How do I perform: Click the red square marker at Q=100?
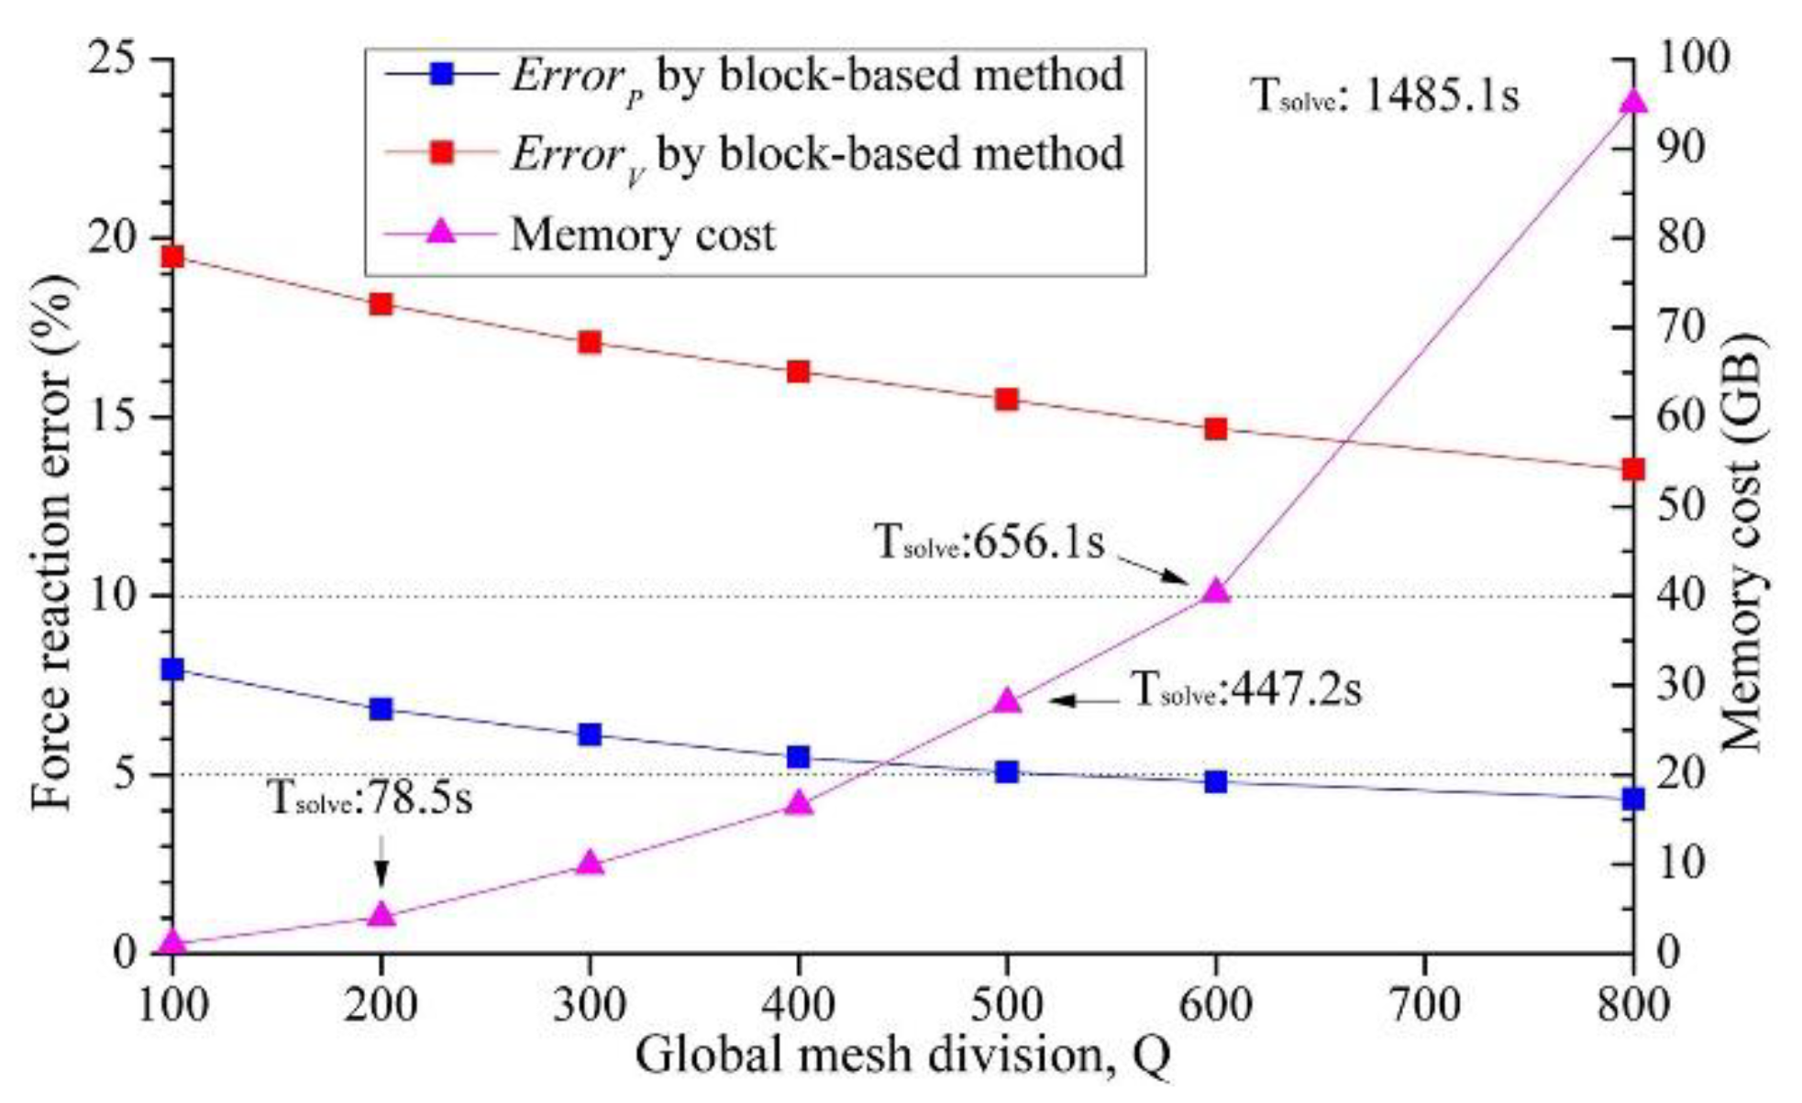pos(172,257)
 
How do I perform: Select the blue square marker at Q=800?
pos(1633,800)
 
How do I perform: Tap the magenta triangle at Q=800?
pos(1633,101)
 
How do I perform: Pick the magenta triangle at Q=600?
pos(1216,590)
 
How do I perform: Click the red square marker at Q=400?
pos(798,371)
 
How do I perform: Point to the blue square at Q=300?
pos(590,734)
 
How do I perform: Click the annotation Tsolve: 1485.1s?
pos(1385,94)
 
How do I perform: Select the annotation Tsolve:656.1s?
pos(990,543)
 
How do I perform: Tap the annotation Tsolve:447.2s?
pos(1246,689)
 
